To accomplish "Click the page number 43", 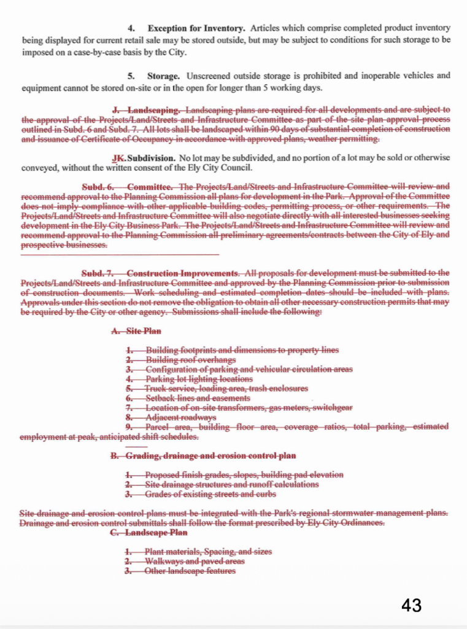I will (x=411, y=605).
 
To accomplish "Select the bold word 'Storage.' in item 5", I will (x=163, y=76).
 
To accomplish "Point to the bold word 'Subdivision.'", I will (x=151, y=158).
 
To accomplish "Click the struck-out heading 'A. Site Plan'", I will (x=136, y=330).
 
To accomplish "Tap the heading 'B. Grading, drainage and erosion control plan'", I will (x=203, y=455).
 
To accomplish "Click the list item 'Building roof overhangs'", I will (x=190, y=360).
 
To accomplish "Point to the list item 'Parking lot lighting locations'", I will (x=199, y=379).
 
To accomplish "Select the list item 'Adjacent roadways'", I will (x=180, y=418).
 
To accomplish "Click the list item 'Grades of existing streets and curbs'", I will (x=210, y=494).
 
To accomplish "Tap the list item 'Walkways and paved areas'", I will (x=194, y=561).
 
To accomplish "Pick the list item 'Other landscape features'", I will (x=190, y=571).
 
